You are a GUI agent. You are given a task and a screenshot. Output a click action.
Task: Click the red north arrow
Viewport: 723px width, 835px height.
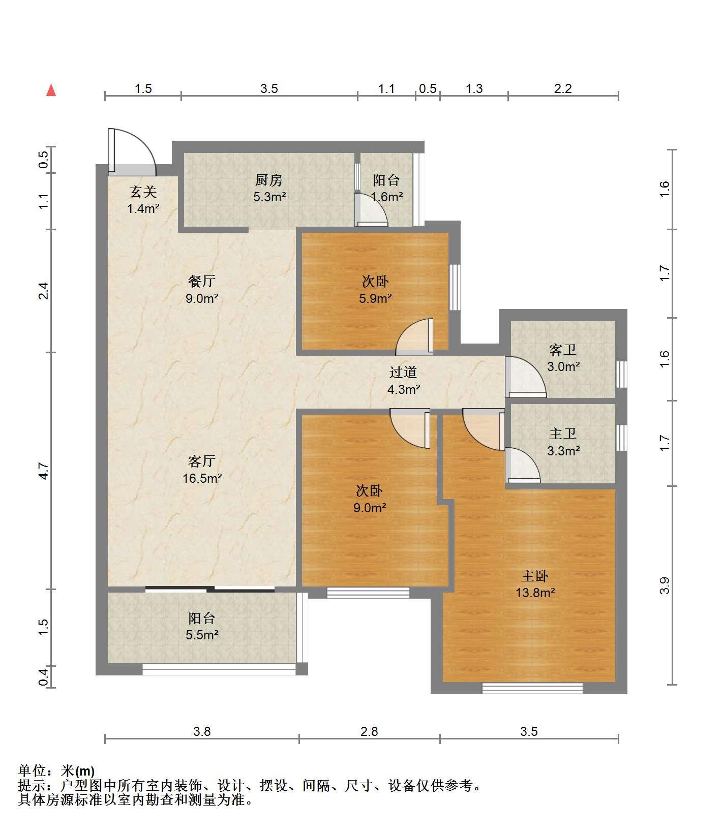(51, 90)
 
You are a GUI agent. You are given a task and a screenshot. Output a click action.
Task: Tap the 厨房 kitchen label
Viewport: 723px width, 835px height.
(268, 180)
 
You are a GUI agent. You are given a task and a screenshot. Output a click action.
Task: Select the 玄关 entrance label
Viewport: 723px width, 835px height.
(143, 192)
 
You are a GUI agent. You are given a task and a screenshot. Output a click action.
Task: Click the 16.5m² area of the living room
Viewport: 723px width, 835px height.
(202, 478)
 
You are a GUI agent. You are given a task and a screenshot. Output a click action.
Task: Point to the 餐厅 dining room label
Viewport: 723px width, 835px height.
(202, 281)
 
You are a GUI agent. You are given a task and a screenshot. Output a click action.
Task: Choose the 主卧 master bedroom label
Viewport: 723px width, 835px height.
(535, 576)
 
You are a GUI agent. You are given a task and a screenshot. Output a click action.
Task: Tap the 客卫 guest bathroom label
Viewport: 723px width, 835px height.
(563, 350)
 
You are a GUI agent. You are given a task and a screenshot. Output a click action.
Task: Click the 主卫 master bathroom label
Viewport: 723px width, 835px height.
(563, 434)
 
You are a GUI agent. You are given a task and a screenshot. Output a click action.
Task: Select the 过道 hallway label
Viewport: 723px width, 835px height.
(403, 373)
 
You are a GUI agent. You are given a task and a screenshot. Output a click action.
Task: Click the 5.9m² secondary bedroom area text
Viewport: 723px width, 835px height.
(375, 298)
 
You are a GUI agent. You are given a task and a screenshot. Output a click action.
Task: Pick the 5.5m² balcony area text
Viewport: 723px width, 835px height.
(202, 635)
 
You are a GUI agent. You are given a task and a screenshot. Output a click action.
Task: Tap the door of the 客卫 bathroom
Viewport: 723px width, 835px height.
(526, 377)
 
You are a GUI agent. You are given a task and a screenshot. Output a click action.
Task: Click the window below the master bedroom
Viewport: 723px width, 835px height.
(532, 689)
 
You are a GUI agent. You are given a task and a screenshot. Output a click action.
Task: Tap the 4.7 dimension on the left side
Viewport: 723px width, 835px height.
(44, 471)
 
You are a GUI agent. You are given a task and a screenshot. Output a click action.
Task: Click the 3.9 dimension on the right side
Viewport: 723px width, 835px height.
(665, 585)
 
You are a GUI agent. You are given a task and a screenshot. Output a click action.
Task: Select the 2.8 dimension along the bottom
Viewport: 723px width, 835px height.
(369, 731)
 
